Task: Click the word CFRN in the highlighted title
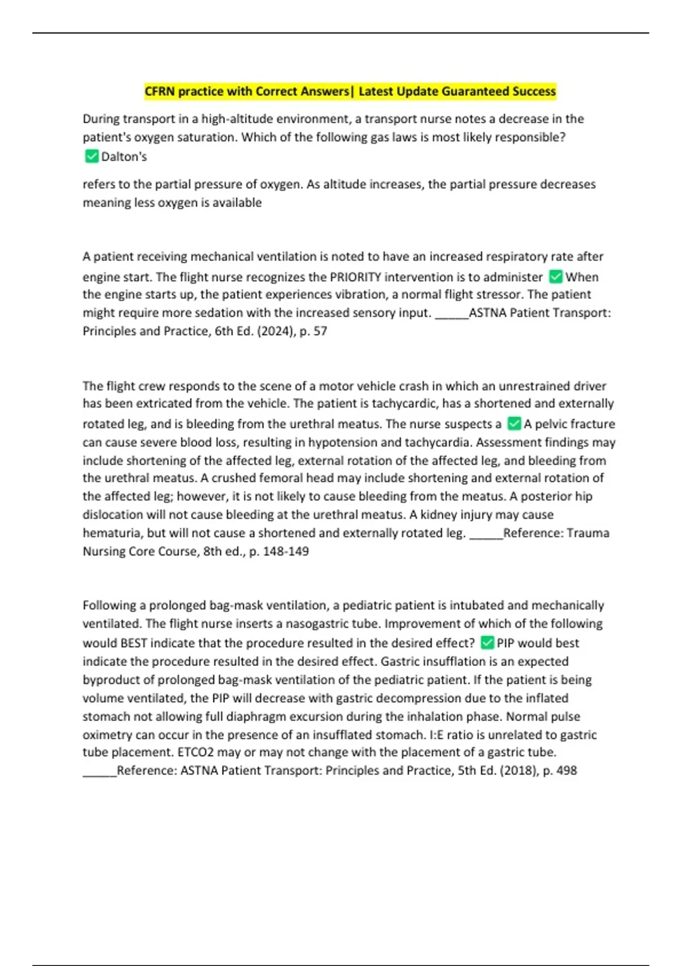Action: (x=160, y=91)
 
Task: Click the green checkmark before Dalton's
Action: (x=91, y=156)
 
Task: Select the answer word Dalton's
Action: (x=124, y=157)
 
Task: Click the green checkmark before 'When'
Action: (x=556, y=277)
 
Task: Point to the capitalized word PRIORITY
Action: (x=355, y=277)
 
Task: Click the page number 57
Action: (x=320, y=331)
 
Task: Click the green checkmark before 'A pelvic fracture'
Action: (x=514, y=423)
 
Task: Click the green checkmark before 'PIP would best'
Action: (x=487, y=643)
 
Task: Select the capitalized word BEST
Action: (x=134, y=643)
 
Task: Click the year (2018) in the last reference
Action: (x=514, y=771)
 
